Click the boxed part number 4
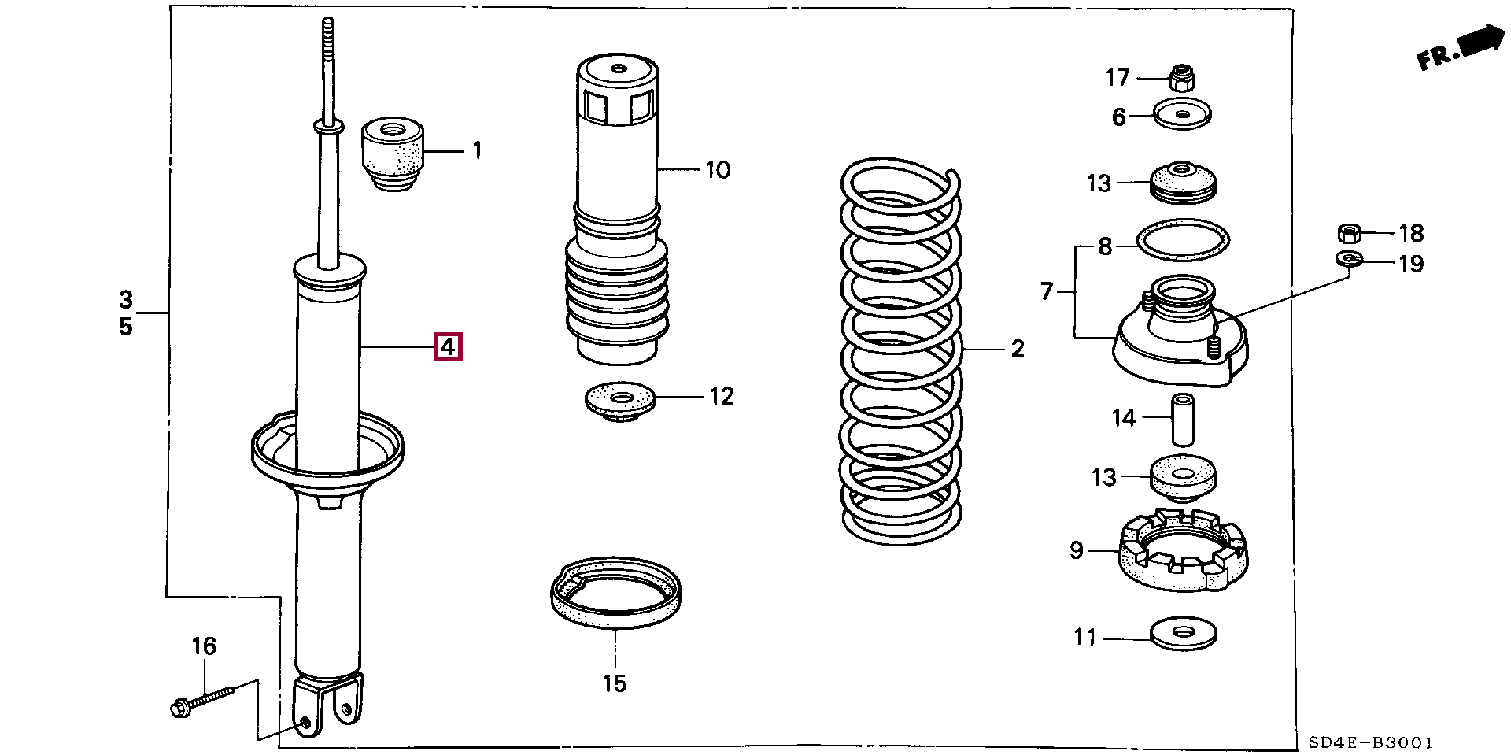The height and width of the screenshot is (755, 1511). click(x=448, y=346)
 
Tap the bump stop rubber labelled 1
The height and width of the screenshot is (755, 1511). click(x=392, y=154)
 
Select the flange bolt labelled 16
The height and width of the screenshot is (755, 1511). click(x=201, y=698)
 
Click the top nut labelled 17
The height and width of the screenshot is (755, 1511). click(x=1181, y=77)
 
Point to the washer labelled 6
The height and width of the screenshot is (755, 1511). click(x=1182, y=115)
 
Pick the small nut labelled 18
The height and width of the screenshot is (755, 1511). click(x=1350, y=233)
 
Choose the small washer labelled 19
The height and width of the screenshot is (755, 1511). click(x=1349, y=257)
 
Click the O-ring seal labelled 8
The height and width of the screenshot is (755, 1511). click(x=1183, y=239)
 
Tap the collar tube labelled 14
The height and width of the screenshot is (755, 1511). click(x=1181, y=418)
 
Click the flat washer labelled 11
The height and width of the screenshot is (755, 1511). click(x=1183, y=632)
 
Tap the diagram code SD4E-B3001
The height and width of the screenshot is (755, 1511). click(x=1370, y=742)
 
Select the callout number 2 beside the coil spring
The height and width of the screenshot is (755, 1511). click(x=1018, y=348)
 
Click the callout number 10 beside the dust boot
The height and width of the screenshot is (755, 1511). click(x=718, y=169)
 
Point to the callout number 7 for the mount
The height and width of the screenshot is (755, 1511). click(x=1046, y=292)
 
